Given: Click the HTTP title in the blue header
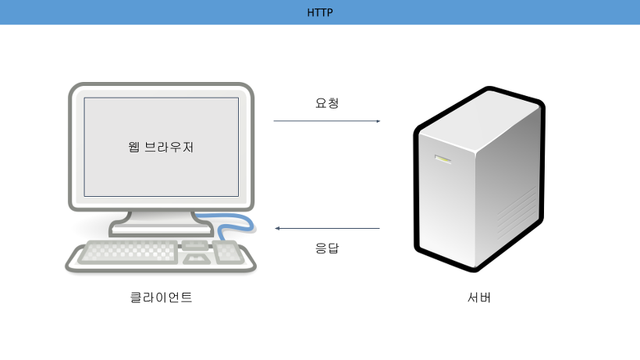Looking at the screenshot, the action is [319, 12].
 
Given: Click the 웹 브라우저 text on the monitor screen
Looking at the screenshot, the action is [161, 146].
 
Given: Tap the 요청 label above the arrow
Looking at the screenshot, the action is [327, 102].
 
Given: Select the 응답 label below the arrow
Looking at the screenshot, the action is [327, 249].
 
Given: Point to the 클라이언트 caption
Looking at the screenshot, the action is [161, 297].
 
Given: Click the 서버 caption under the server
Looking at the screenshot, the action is [478, 297].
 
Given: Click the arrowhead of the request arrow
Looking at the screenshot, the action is [378, 121].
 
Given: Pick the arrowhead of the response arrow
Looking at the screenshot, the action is [277, 229].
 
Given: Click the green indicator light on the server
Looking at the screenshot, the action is [443, 160].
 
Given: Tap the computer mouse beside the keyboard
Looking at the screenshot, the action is [226, 251].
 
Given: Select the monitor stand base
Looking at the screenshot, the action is [160, 228].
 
